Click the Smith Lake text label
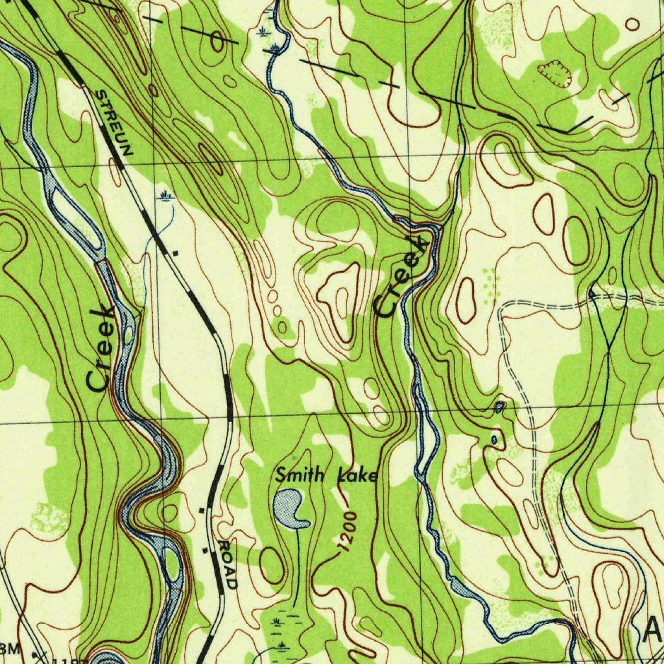point(326,475)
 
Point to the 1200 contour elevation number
point(348,534)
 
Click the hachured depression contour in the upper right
point(554,73)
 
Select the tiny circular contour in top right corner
point(632,24)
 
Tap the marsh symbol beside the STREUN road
point(167,195)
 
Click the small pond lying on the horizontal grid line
point(499,407)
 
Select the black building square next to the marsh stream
point(175,250)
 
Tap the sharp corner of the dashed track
point(501,305)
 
